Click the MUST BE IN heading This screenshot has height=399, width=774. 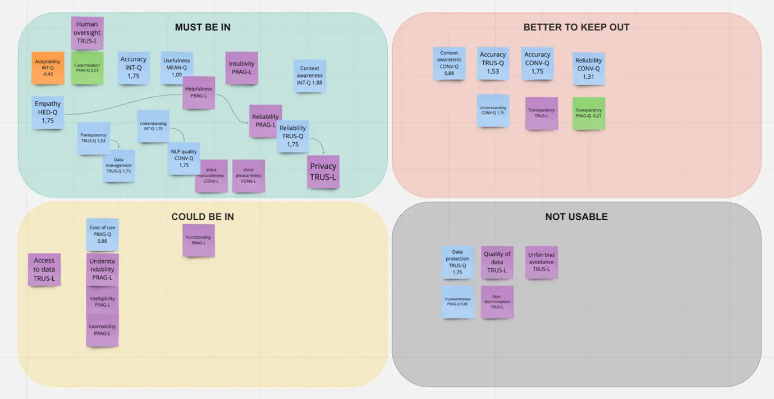203,27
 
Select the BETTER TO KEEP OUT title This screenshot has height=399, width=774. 576,27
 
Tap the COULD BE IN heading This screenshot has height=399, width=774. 203,216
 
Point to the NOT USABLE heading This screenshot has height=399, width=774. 576,216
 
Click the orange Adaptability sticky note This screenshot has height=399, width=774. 48,68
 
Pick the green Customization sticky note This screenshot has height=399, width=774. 87,68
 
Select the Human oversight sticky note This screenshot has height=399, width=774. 87,33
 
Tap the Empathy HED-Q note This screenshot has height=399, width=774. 48,112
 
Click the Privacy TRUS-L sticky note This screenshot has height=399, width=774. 323,171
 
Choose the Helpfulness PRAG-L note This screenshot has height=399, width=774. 199,92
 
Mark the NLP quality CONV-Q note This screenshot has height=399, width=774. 184,158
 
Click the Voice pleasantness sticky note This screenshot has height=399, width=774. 249,176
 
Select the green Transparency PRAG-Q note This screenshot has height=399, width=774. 589,113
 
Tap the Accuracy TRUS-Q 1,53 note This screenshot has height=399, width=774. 493,63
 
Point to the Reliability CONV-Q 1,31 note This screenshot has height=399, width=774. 588,69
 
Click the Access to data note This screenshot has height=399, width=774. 44,269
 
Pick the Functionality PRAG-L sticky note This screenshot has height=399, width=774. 199,240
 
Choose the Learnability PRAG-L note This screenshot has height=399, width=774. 102,330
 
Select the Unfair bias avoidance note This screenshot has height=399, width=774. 541,262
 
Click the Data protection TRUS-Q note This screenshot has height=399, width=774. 457,262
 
